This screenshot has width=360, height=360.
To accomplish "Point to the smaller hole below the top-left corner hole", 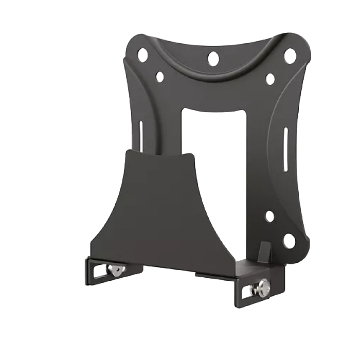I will pos(159,77).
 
